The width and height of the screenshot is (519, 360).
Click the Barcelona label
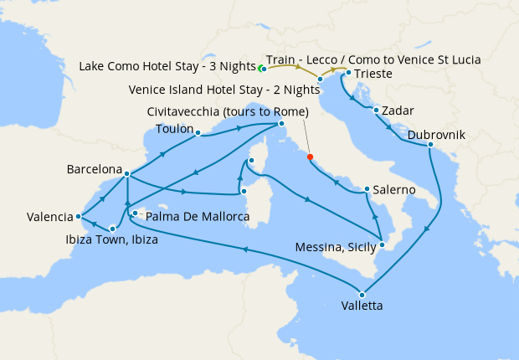tap(95, 169)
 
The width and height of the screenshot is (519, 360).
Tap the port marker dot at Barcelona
tap(126, 174)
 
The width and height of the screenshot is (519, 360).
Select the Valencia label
tap(49, 217)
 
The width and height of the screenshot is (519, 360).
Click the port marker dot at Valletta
tap(362, 294)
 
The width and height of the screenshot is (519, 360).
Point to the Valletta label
tap(362, 306)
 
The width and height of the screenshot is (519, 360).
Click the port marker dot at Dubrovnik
tap(430, 145)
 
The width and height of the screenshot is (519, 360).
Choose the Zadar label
tap(400, 111)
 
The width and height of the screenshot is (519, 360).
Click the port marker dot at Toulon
tap(198, 132)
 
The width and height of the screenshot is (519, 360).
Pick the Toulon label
tap(175, 128)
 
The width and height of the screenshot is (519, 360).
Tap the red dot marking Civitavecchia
tap(310, 157)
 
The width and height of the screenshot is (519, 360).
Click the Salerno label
tap(394, 190)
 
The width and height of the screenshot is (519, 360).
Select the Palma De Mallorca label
tap(198, 217)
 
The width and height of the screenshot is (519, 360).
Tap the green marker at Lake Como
tap(260, 68)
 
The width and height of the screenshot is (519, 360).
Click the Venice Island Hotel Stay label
tap(223, 90)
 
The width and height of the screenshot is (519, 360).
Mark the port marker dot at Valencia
tap(79, 216)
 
